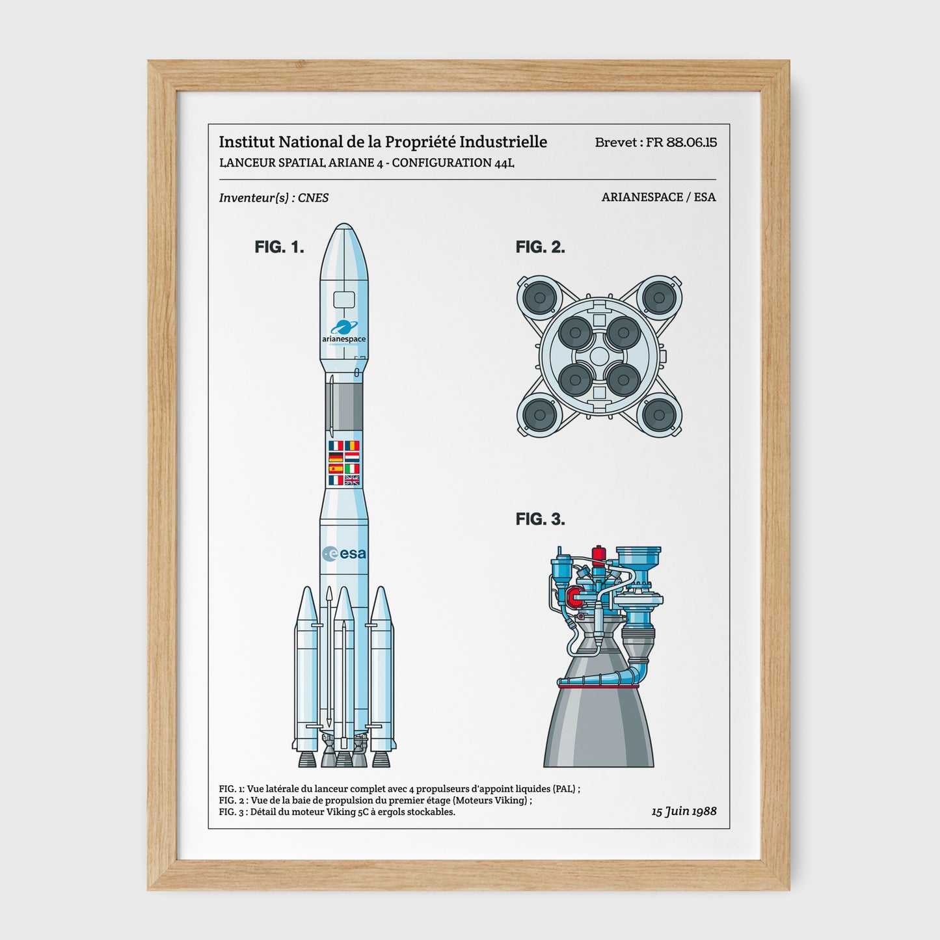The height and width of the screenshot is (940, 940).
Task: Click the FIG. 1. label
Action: [279, 247]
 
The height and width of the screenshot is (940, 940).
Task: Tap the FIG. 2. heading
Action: [540, 247]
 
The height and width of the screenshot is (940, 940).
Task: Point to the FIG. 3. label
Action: [540, 519]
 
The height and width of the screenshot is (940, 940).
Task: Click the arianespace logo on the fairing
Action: [343, 332]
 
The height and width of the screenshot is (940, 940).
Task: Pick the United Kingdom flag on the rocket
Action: [352, 480]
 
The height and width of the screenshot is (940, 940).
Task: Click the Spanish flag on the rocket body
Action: [336, 468]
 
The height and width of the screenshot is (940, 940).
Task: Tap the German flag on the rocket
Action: [336, 457]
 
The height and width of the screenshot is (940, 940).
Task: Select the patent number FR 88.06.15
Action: [681, 142]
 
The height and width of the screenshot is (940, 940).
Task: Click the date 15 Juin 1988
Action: [684, 811]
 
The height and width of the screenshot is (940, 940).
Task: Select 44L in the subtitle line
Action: [504, 163]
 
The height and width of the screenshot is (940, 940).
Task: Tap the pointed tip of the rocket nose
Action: [343, 225]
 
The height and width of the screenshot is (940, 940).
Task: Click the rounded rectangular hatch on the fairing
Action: [343, 300]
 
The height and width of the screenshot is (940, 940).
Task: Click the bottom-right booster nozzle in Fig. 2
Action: [658, 414]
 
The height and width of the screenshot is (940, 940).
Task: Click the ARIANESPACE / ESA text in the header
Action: [658, 197]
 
